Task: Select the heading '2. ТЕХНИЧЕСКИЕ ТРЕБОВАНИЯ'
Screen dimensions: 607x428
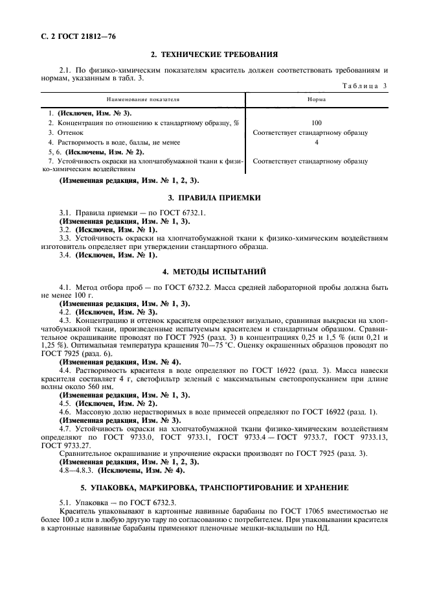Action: point(214,54)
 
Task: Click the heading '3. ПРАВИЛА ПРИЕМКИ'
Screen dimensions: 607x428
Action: point(214,197)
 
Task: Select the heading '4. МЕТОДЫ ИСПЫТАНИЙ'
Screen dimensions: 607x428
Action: point(214,270)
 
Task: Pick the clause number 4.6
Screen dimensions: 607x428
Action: point(65,412)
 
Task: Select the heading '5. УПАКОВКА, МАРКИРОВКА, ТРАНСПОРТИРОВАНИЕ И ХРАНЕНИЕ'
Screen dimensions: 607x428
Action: point(214,487)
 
